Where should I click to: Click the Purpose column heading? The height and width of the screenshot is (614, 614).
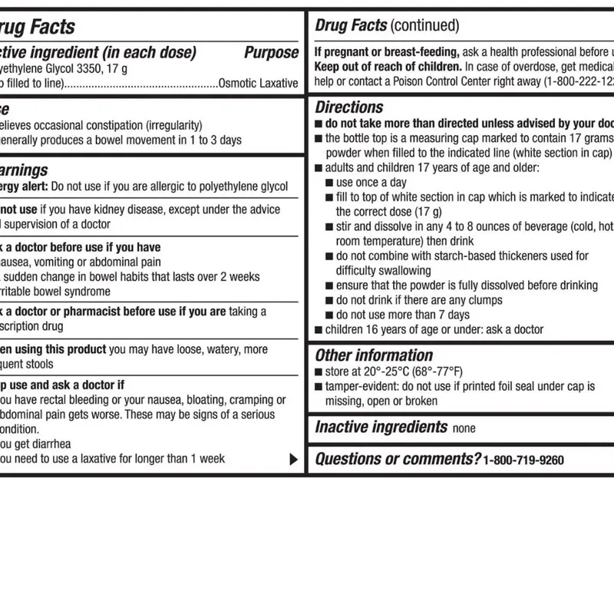point(271,53)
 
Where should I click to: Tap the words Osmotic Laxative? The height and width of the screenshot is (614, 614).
point(258,83)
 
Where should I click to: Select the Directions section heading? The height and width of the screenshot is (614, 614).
point(348,107)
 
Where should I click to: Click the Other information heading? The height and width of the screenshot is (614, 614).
point(374,355)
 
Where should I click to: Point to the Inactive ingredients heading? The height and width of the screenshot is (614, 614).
point(381,427)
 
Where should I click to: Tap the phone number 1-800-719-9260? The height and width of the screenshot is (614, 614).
point(523,460)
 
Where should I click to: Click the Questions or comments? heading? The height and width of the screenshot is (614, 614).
point(398,459)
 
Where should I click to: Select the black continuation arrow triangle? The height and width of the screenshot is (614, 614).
point(293,460)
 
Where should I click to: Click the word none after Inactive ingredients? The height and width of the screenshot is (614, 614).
point(464,429)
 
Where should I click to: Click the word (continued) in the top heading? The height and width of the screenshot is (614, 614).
point(424,26)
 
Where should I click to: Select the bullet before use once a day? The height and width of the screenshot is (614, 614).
point(329,183)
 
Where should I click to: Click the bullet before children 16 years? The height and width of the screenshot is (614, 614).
point(319,330)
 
